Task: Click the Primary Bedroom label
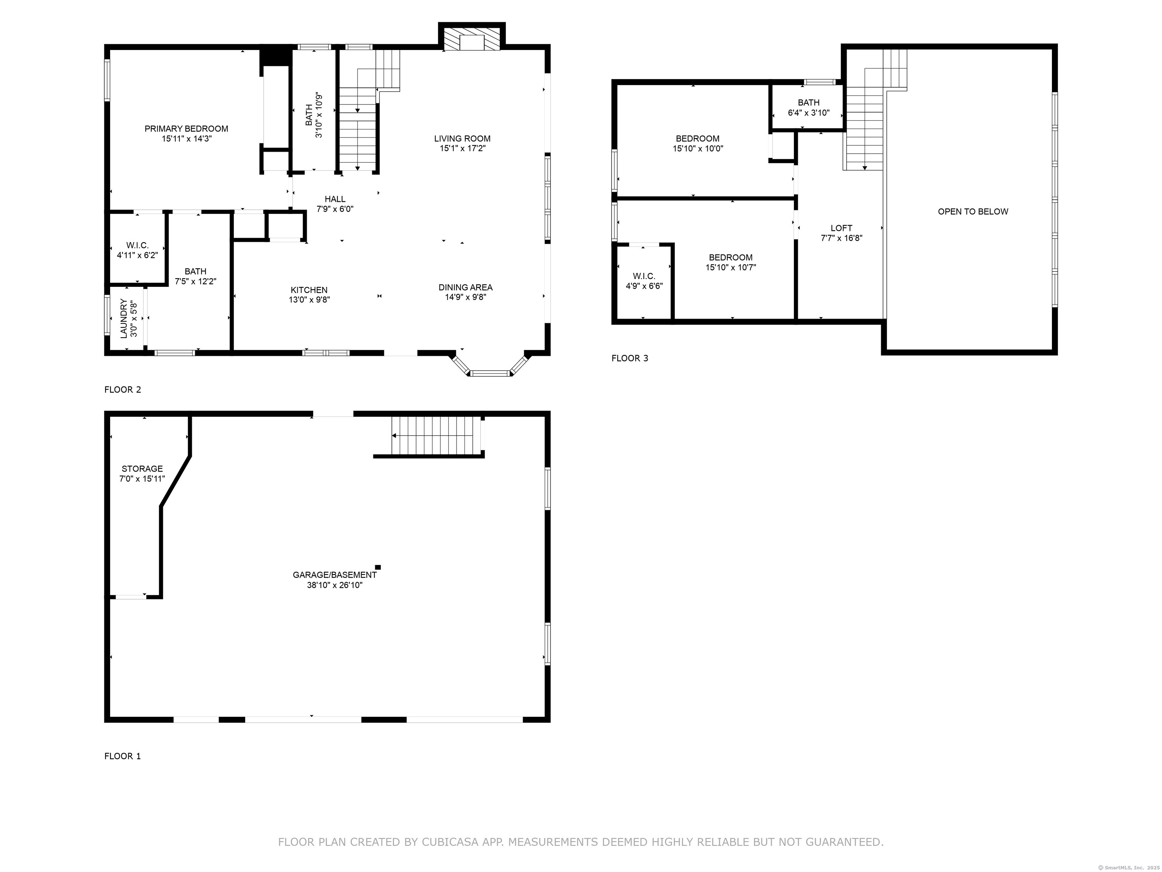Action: point(186,129)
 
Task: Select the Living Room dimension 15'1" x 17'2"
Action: point(462,149)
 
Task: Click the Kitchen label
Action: point(309,290)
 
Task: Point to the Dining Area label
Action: point(465,288)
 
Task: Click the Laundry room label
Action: point(124,319)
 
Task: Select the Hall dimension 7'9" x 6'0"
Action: point(335,209)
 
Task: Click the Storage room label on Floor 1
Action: point(142,469)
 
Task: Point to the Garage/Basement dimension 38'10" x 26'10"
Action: point(335,585)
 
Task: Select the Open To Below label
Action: point(972,212)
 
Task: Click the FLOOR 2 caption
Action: point(123,389)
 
